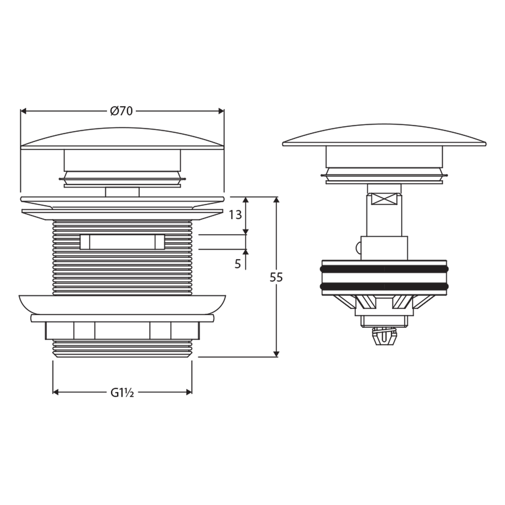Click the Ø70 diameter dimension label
click(122, 111)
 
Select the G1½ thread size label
click(123, 392)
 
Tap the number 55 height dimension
click(276, 277)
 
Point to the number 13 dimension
click(235, 215)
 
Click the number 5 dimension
click(238, 264)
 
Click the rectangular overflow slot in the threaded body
click(123, 242)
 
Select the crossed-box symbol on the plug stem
click(384, 199)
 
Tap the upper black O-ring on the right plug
click(384, 269)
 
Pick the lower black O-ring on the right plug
click(384, 286)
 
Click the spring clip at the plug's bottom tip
click(384, 337)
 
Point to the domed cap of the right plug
click(384, 135)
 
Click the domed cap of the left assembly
click(123, 138)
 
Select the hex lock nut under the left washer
click(123, 331)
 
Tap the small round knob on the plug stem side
click(358, 248)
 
